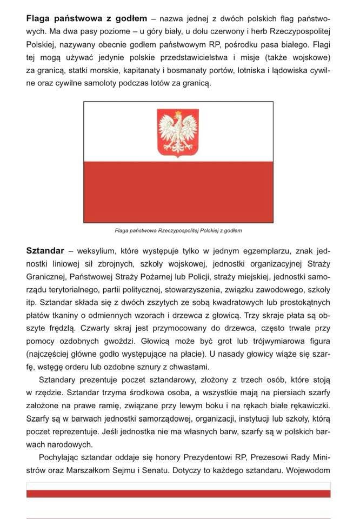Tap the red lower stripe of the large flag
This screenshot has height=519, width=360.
point(178,191)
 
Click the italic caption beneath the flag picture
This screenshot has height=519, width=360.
point(178,230)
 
